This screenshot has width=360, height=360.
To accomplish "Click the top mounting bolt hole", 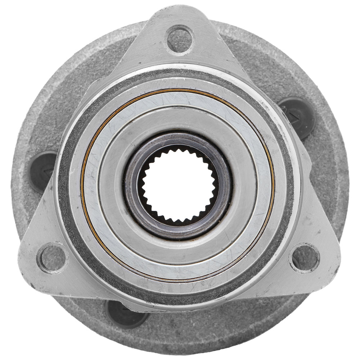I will point(180,38).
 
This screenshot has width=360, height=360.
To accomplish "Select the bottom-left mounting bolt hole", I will point(52,258).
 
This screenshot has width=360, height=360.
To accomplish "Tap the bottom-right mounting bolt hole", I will point(304,258).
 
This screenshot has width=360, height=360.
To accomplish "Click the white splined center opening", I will point(179,185).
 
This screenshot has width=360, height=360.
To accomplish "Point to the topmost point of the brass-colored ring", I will point(179,89).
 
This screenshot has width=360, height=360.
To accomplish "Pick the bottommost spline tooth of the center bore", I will point(179,222).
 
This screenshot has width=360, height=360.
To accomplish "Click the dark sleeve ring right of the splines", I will point(225,185).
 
